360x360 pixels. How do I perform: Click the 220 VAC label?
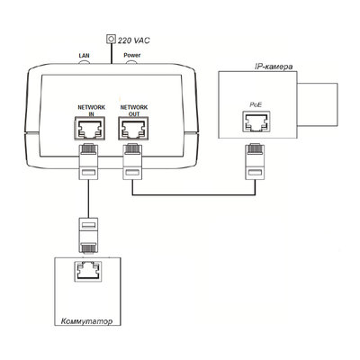tap(133, 40)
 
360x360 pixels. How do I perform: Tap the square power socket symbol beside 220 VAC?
tap(112, 39)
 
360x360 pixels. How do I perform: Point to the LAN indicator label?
tap(84, 56)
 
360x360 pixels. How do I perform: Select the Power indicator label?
tap(132, 55)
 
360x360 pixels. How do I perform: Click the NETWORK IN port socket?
tap(89, 129)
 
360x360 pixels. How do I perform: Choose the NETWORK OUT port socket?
tap(133, 129)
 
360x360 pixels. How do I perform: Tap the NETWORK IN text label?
tap(92, 111)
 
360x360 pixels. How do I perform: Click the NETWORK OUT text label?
tap(134, 111)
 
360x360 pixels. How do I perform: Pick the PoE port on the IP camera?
tap(256, 121)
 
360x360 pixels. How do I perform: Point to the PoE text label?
tap(256, 104)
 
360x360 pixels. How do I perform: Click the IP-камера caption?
tap(274, 67)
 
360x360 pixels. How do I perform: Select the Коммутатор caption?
tap(87, 321)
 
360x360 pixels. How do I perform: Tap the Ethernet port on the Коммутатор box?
tap(88, 271)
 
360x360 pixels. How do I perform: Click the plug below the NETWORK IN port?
tap(88, 161)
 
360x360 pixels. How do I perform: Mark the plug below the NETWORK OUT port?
tap(132, 161)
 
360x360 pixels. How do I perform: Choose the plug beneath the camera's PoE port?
tap(256, 161)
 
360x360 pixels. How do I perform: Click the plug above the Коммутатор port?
tap(88, 235)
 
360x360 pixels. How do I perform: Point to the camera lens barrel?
tap(318, 104)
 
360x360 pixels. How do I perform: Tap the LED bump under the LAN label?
tap(85, 62)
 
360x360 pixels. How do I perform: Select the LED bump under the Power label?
tap(131, 62)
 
